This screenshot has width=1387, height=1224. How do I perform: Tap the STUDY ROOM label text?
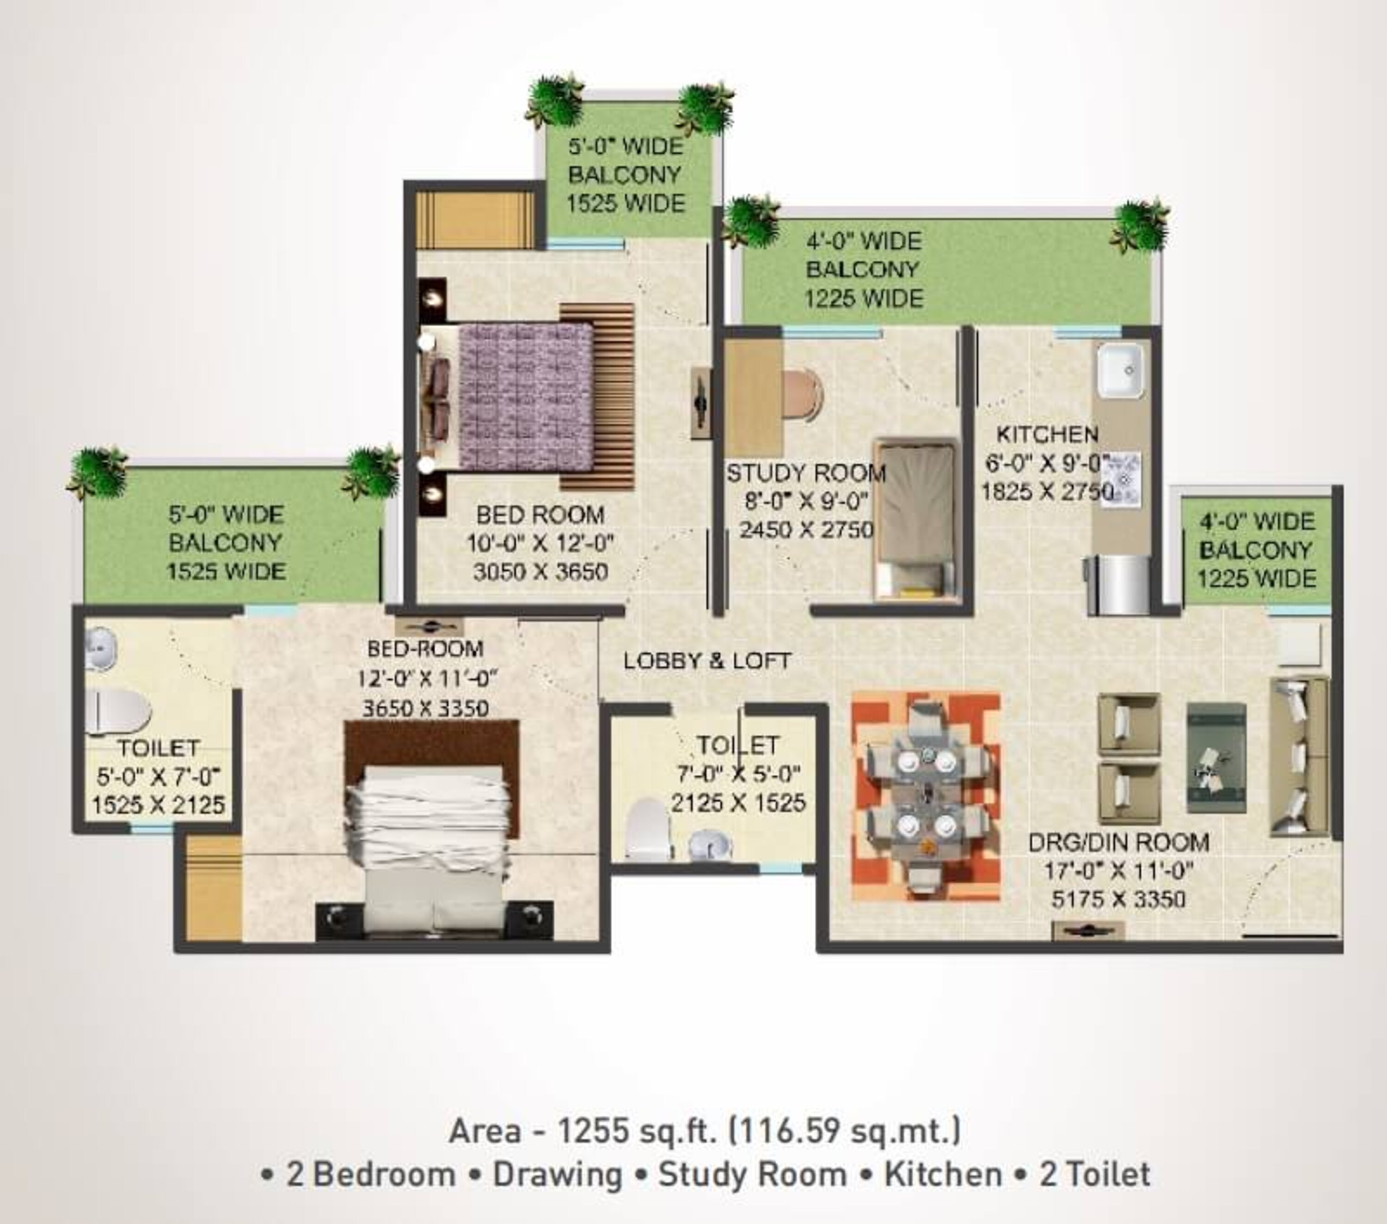(806, 473)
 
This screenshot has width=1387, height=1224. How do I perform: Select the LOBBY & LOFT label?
(707, 661)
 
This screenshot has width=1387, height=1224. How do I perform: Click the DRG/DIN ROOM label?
(1118, 843)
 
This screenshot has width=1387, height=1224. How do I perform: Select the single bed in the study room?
(916, 519)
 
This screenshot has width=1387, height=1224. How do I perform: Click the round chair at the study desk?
(802, 395)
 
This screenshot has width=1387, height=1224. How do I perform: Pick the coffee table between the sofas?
(1215, 758)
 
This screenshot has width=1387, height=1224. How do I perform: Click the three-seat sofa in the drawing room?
(1299, 755)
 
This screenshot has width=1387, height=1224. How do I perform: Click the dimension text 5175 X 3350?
(1118, 900)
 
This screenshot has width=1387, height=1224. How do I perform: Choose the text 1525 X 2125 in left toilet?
(158, 805)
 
